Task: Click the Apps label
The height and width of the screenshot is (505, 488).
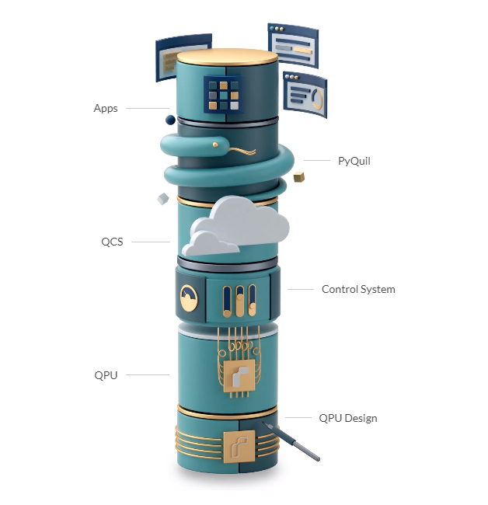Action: click(106, 108)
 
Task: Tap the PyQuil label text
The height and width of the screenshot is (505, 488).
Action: click(354, 161)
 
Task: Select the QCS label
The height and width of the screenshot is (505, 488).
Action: click(112, 242)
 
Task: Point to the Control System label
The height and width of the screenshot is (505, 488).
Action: click(358, 289)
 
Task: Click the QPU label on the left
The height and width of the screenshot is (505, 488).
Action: click(106, 375)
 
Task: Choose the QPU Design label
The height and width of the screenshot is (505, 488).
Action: click(348, 418)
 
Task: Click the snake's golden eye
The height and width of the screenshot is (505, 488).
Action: click(215, 145)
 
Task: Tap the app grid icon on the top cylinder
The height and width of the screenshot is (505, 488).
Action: click(224, 95)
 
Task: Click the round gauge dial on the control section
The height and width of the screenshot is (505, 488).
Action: click(189, 298)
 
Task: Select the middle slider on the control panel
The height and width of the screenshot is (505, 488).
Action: click(239, 301)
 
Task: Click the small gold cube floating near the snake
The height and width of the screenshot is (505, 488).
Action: click(299, 177)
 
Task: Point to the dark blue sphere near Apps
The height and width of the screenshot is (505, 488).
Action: click(170, 120)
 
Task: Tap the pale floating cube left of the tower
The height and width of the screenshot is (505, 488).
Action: click(163, 198)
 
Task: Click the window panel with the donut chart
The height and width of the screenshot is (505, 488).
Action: click(305, 94)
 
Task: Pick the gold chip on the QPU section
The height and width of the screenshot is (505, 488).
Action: click(239, 375)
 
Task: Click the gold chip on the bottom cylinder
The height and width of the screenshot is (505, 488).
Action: click(239, 447)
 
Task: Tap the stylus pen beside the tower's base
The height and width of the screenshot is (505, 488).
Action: click(291, 441)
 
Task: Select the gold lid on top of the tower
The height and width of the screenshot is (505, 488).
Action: click(228, 57)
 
